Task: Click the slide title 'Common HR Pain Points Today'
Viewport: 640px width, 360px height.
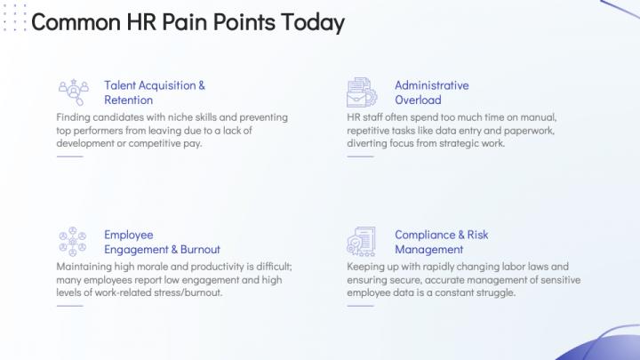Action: [x=188, y=23]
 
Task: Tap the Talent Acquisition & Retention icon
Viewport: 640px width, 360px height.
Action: [x=73, y=92]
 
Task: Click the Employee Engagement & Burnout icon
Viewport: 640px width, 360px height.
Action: [x=73, y=241]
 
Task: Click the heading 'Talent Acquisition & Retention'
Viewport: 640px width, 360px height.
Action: [x=155, y=92]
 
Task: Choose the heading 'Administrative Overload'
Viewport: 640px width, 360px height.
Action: [x=432, y=92]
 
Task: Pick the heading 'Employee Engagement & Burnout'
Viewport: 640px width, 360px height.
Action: [x=162, y=242]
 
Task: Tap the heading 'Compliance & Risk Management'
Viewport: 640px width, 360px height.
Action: [x=442, y=242]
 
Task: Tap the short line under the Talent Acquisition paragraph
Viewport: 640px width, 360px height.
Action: [x=69, y=156]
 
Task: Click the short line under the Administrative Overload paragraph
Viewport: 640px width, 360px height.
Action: [x=360, y=156]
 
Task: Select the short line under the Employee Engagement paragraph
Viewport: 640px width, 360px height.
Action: [x=69, y=306]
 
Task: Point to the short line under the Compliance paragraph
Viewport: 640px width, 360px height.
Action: [x=360, y=306]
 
